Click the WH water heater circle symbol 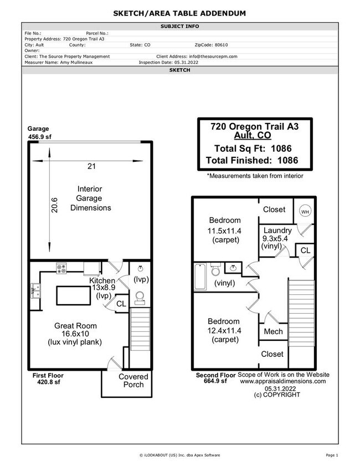point(305,212)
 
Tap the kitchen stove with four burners point(61,268)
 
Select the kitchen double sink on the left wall point(35,291)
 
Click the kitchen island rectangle point(73,295)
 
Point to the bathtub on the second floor point(200,276)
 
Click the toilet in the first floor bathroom point(140,298)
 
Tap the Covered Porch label point(133,381)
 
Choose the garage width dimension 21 point(91,166)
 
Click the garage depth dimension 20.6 point(54,205)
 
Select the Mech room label point(273,331)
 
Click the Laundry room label point(277,231)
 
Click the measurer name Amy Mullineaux point(76,63)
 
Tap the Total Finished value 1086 point(287,161)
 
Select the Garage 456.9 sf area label point(39,133)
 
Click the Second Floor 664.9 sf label point(215,378)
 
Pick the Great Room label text point(75,326)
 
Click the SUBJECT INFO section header point(179,26)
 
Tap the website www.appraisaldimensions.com point(283,381)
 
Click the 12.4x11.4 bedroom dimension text point(224,330)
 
